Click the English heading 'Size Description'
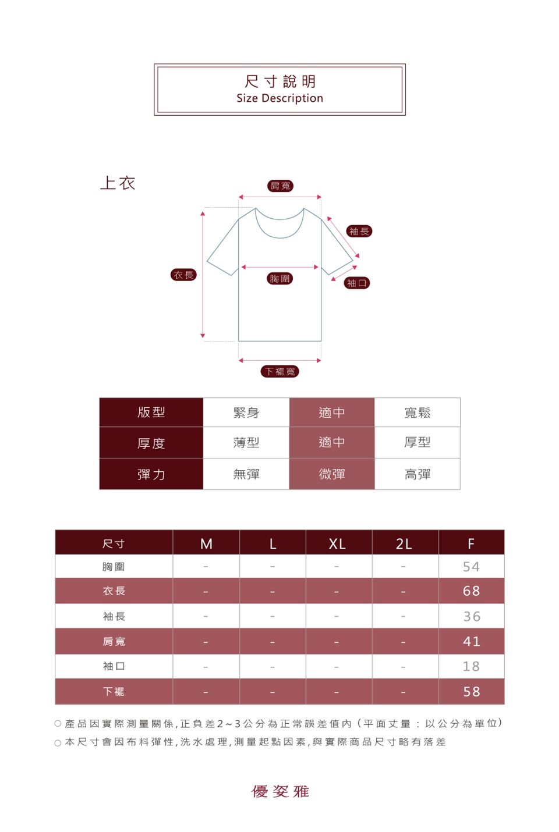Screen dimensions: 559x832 [x=279, y=98]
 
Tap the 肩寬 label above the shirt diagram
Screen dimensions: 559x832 [x=280, y=186]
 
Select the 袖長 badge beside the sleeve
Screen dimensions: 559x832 [x=359, y=231]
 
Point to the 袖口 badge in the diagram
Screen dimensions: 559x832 [x=357, y=283]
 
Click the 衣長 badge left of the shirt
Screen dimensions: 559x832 [x=183, y=275]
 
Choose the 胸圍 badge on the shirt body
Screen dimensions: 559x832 [x=280, y=278]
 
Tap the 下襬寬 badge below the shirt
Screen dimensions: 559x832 [x=280, y=371]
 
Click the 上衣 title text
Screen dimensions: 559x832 [x=118, y=183]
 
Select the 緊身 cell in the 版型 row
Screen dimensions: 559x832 [x=246, y=413]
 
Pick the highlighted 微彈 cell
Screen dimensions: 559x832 [x=332, y=474]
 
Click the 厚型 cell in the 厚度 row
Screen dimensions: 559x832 [x=418, y=442]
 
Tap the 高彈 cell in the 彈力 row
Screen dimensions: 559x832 [x=418, y=474]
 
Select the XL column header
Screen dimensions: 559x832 [x=337, y=544]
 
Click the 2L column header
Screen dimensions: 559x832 [x=404, y=544]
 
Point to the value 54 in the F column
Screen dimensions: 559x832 [x=471, y=567]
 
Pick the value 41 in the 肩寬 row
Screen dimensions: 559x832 [x=471, y=641]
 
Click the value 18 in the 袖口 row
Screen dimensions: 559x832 [x=471, y=666]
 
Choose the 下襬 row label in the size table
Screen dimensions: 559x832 [x=114, y=692]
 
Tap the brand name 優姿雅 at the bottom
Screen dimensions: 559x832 [x=280, y=791]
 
